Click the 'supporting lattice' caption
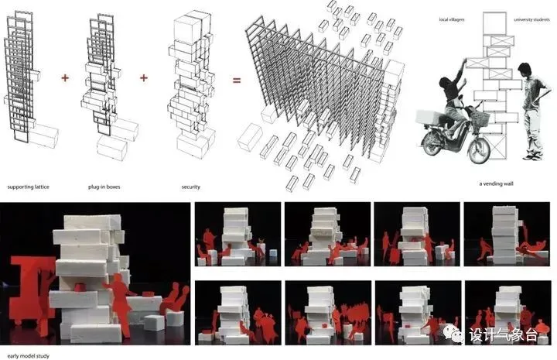tap(28, 187)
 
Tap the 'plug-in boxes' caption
tap(104, 187)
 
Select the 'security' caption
tap(191, 187)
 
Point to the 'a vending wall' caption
tap(496, 183)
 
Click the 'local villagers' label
tap(452, 19)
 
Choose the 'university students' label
tap(531, 19)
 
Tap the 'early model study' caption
tap(29, 355)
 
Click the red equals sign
tap(237, 81)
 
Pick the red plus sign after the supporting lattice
tap(65, 78)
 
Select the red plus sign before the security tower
tap(144, 78)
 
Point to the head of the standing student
tap(525, 70)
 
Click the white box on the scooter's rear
tap(431, 117)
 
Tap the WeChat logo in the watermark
tap(453, 333)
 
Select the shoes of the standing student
tap(533, 156)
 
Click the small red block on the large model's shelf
tap(80, 286)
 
